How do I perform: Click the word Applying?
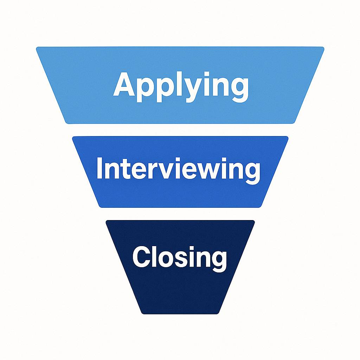tap(181, 85)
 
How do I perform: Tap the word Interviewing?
tap(178, 169)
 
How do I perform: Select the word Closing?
tap(180, 257)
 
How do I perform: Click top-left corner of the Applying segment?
tap(38, 48)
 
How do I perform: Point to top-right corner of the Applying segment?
tap(322, 48)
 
